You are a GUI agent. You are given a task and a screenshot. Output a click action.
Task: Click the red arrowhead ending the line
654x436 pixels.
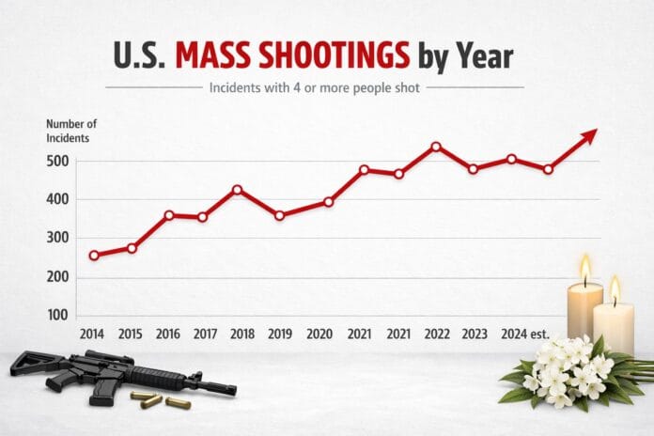(x=589, y=136)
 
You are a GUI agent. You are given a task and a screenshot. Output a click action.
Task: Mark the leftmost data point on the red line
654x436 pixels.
(x=94, y=255)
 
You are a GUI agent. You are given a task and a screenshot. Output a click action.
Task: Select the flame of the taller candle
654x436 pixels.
(x=585, y=268)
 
